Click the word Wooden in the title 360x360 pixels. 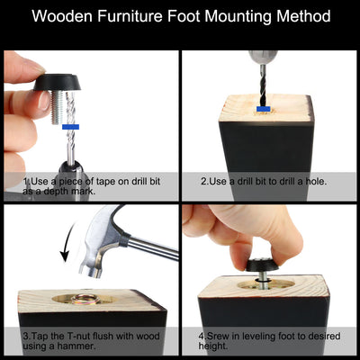[x=62, y=16]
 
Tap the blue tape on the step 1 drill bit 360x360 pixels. [x=70, y=127]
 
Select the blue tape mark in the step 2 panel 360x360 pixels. [x=264, y=109]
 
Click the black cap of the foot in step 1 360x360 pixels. [x=58, y=82]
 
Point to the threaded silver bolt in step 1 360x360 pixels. [x=58, y=107]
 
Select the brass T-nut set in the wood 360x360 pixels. [x=85, y=299]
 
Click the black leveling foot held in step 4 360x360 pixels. [x=262, y=265]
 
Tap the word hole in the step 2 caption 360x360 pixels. [x=315, y=182]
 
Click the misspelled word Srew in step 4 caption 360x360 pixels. [x=218, y=336]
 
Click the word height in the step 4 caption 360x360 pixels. [x=212, y=346]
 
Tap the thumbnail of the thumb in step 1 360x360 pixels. [x=44, y=101]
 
